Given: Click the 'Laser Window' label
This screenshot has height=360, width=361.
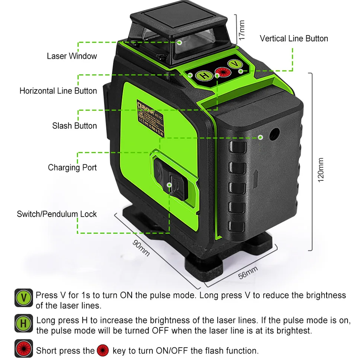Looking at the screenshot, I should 72,56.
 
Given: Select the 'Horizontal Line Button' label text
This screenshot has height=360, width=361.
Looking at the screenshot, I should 58,91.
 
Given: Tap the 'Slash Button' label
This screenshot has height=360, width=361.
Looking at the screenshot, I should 74,126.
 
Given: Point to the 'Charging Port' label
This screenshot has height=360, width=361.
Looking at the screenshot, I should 72,167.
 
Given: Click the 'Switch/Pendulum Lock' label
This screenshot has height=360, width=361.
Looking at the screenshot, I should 57,214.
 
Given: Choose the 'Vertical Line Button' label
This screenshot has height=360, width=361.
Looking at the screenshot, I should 294,39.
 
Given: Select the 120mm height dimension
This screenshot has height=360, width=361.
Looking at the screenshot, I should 321,170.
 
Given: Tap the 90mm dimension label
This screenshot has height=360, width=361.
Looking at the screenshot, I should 141,247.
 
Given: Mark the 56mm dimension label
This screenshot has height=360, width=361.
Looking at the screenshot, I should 248,273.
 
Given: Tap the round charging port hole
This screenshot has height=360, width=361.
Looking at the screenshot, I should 275,133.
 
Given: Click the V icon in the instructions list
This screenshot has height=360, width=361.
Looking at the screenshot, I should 24,298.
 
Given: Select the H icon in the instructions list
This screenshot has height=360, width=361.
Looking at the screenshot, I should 24,324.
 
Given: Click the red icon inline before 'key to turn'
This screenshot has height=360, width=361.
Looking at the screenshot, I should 103,350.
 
